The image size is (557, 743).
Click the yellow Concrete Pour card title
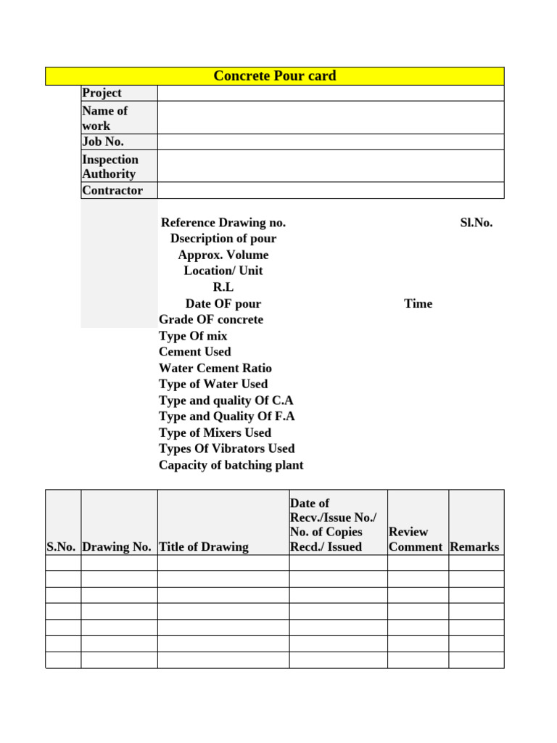pos(274,76)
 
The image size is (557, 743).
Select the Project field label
pos(102,93)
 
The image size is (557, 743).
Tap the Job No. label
pos(103,141)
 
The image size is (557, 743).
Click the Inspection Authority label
pos(110,166)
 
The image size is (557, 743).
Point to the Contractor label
pos(112,190)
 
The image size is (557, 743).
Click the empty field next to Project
pos(330,93)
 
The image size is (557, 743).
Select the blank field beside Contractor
pos(330,190)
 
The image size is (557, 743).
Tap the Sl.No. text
pos(476,223)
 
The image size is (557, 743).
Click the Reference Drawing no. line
pos(223,223)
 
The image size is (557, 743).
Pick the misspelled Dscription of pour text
pos(223,239)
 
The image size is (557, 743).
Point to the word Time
pos(418,303)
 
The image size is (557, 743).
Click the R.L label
pos(223,287)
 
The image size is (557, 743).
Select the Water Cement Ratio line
pos(215,368)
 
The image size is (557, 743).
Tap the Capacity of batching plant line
pos(231,465)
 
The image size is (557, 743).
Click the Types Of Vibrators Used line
pos(226,448)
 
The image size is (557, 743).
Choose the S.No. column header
pos(62,547)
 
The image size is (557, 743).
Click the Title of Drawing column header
pos(203,547)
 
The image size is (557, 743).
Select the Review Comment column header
pos(415,539)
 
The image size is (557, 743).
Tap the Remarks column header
pos(474,547)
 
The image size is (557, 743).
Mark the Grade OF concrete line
pos(211,319)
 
